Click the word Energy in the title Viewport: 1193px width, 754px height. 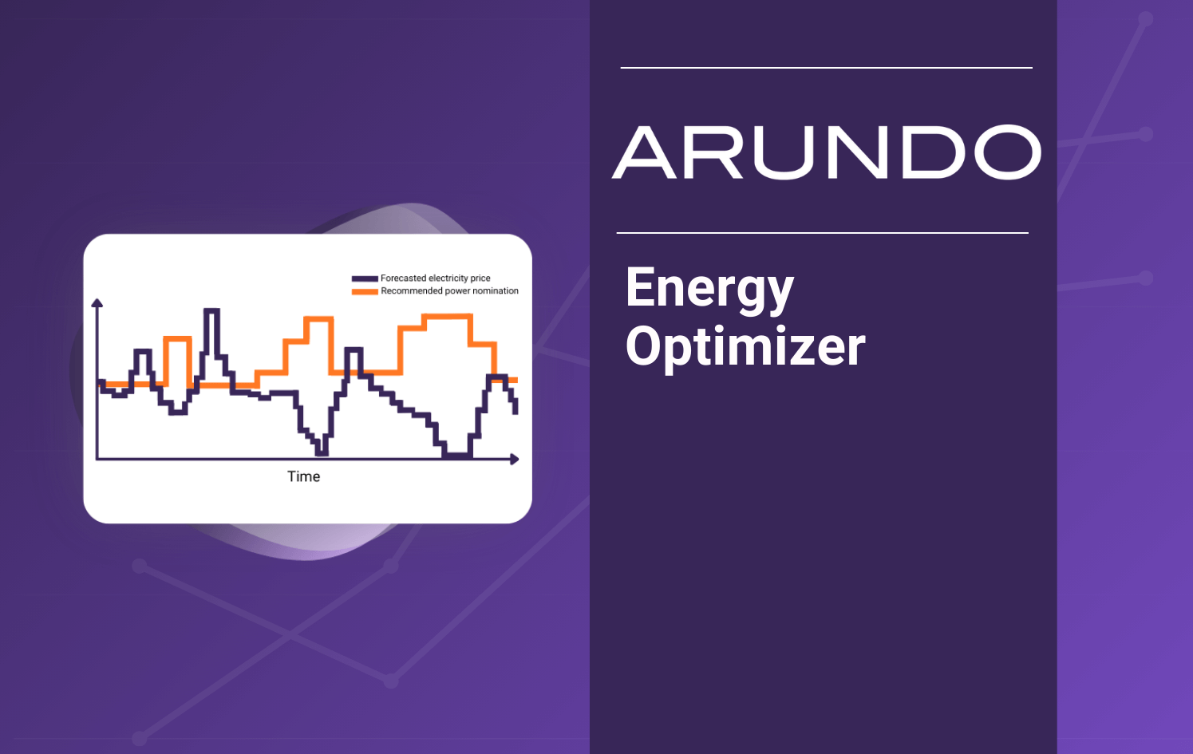click(709, 290)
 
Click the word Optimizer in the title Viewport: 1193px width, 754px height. click(745, 347)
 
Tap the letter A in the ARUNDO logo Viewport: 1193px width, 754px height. click(646, 152)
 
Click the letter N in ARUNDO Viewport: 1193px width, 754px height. click(858, 152)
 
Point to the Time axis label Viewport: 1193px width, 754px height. click(303, 476)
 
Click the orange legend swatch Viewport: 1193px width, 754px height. click(365, 291)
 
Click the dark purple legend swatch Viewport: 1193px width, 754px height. click(365, 278)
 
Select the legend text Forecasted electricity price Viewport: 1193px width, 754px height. click(435, 278)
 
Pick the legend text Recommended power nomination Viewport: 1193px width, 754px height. click(449, 291)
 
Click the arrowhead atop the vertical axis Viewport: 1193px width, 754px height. click(97, 303)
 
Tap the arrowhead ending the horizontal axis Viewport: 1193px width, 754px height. click(515, 459)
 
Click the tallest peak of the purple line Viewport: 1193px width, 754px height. click(211, 310)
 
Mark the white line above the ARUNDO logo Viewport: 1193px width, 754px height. click(826, 68)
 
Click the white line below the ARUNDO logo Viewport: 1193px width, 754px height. click(822, 233)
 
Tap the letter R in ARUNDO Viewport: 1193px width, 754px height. click(713, 152)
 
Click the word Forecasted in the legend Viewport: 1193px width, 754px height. click(403, 278)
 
